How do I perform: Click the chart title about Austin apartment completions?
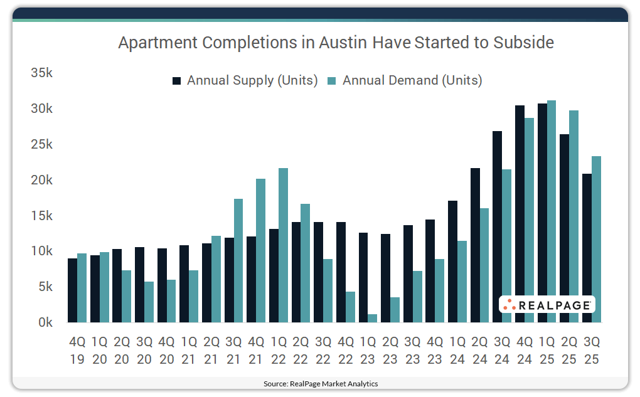(336, 43)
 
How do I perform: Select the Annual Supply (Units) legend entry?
(245, 80)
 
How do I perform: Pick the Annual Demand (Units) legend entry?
(405, 80)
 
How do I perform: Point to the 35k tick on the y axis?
(41, 73)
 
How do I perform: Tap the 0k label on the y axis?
(45, 322)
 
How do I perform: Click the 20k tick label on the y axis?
(41, 180)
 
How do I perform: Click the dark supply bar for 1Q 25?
(542, 213)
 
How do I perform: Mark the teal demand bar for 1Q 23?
(373, 318)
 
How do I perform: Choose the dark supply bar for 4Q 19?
(72, 290)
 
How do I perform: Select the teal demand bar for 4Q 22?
(350, 307)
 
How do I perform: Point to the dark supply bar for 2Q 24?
(475, 245)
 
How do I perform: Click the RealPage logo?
(547, 305)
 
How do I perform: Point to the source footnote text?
(320, 383)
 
